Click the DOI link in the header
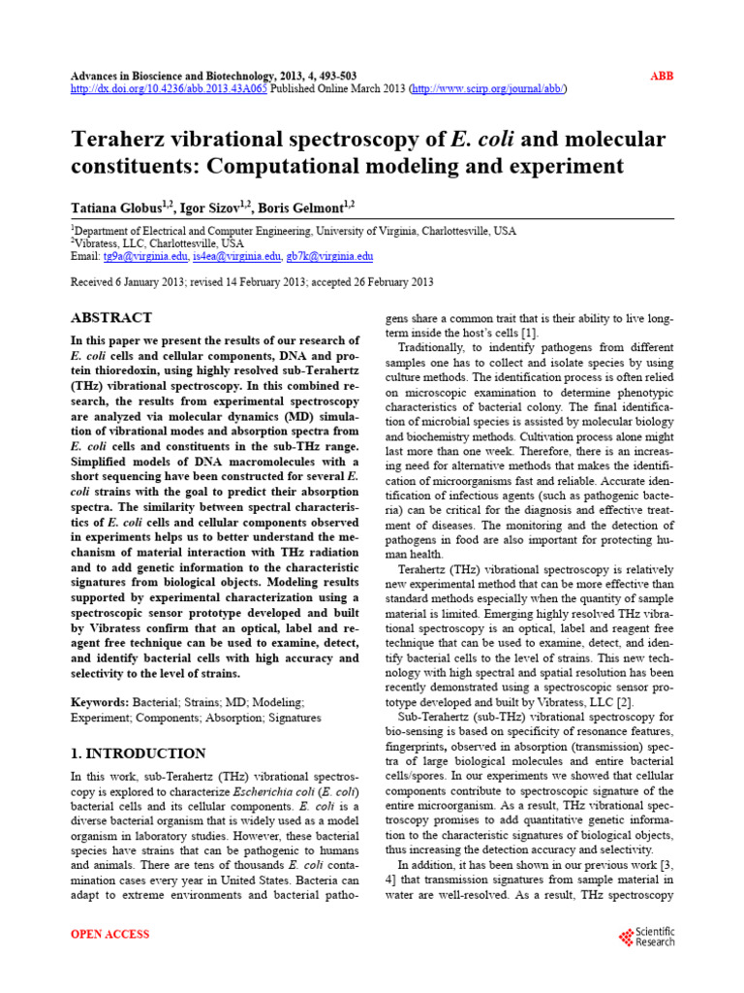[x=170, y=88]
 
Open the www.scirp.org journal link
[x=489, y=88]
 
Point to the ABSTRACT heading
[x=111, y=318]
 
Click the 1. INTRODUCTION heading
[x=139, y=753]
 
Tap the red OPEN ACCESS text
[x=110, y=934]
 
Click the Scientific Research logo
[x=646, y=937]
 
